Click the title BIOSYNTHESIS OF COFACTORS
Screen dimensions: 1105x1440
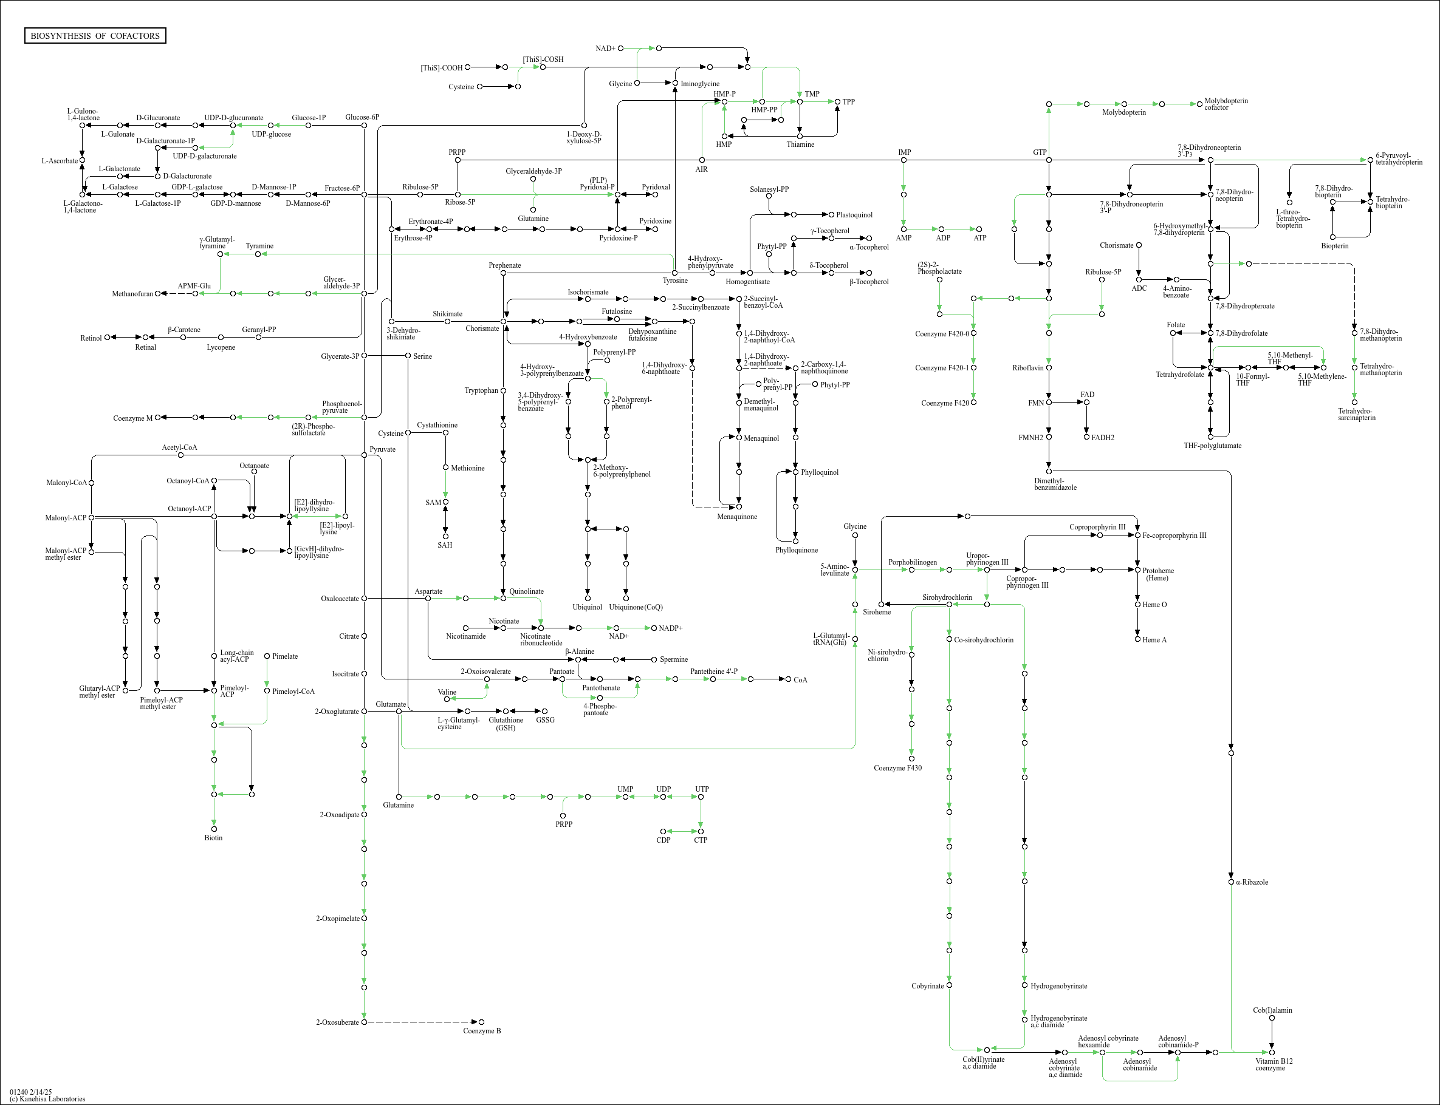95,35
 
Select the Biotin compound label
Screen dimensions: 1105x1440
213,837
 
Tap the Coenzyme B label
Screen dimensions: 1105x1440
481,1031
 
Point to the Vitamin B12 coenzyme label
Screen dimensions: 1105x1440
1274,1064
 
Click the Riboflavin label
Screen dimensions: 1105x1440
1029,368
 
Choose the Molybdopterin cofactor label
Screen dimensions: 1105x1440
1226,104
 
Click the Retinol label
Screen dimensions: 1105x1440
91,338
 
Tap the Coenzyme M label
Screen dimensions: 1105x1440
132,418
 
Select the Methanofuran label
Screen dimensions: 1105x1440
132,294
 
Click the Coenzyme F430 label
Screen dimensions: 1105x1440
897,767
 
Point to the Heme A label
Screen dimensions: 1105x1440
1154,640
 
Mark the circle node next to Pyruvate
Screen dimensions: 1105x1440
364,455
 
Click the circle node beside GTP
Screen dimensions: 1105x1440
1049,160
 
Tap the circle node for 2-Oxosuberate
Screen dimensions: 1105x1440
364,1022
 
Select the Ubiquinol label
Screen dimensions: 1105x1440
587,607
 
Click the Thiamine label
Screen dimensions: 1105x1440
800,144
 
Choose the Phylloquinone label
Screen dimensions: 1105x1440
797,550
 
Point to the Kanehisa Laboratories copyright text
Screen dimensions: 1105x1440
47,1098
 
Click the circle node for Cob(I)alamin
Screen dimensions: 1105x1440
1272,1018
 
